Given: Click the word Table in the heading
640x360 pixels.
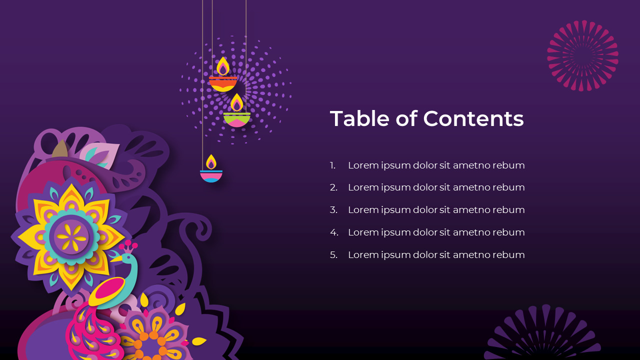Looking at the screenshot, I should tap(359, 119).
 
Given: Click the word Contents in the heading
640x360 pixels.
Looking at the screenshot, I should tap(473, 119).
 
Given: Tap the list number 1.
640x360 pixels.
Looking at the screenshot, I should tap(332, 165).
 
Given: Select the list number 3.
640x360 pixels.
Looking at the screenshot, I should tap(333, 210).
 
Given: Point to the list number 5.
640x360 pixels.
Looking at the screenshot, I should tap(333, 255).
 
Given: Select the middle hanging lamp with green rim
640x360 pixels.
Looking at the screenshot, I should tap(237, 119).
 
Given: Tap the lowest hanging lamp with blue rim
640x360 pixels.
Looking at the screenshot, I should tap(211, 175).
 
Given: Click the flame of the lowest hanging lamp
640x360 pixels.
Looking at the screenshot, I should tap(211, 162).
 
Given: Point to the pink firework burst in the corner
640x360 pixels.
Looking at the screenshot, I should tap(582, 55).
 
